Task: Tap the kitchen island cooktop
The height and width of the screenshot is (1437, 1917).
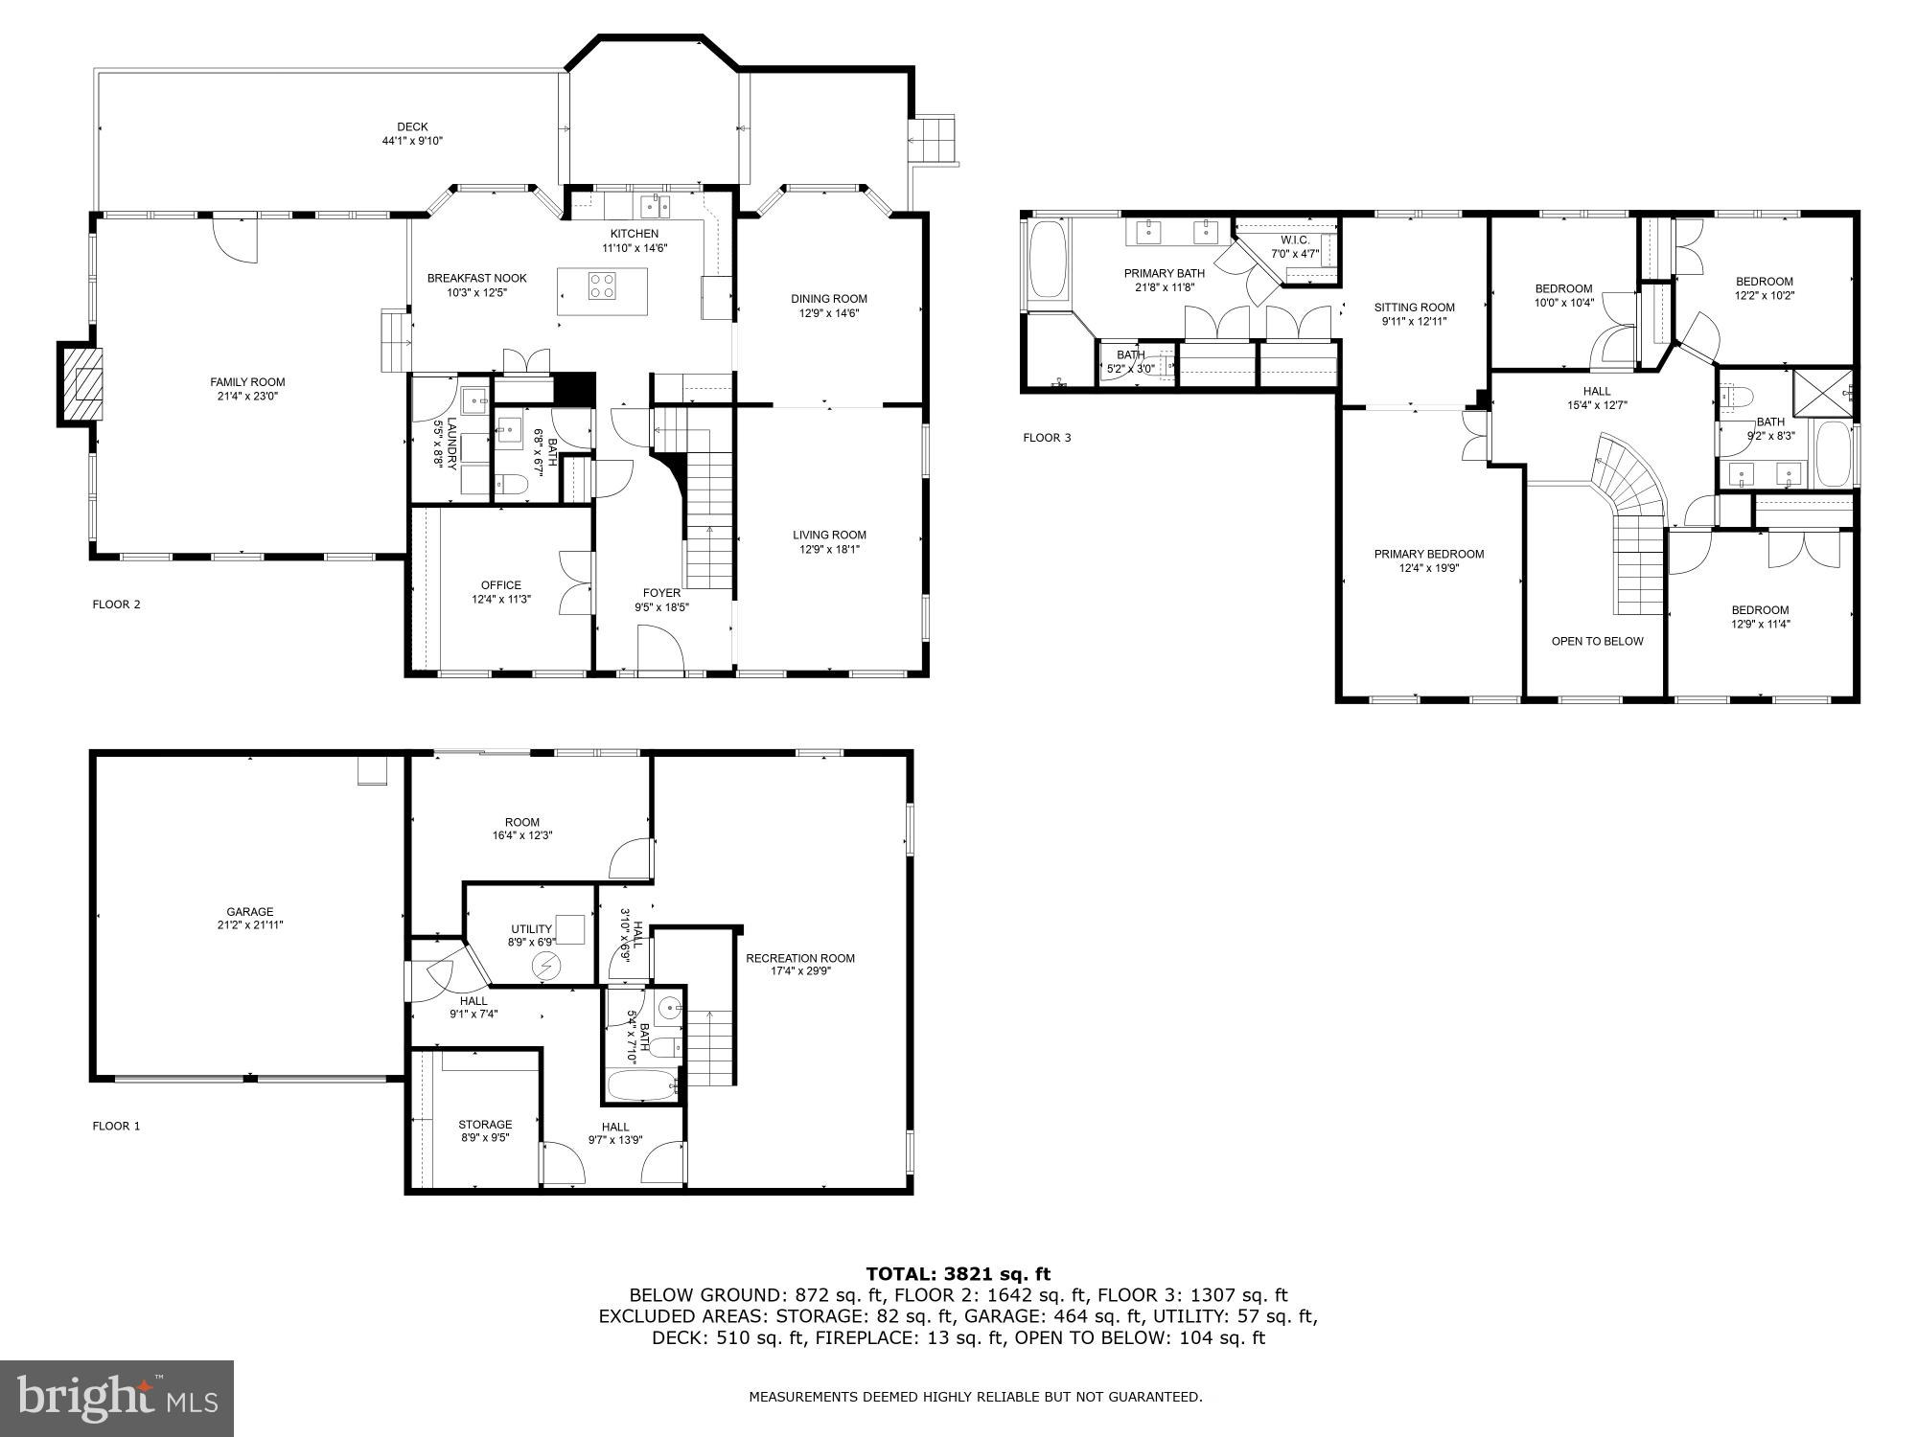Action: coord(603,285)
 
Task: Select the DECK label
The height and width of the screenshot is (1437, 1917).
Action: coord(412,127)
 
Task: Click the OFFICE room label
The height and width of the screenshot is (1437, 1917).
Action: coord(500,585)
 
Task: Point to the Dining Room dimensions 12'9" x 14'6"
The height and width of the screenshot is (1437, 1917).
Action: coord(829,313)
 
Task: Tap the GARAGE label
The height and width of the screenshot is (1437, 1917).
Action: coord(250,912)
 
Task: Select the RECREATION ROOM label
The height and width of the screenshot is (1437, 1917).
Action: coord(800,958)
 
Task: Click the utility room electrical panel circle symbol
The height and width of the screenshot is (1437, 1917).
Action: coord(545,967)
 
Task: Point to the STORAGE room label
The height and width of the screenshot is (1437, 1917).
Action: coord(485,1125)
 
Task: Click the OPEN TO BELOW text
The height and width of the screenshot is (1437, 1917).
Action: coord(1597,642)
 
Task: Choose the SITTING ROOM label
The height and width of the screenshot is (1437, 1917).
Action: coord(1414,308)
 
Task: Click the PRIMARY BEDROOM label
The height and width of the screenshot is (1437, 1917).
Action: coord(1428,554)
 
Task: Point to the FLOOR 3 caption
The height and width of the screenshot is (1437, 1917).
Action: coord(1047,438)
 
